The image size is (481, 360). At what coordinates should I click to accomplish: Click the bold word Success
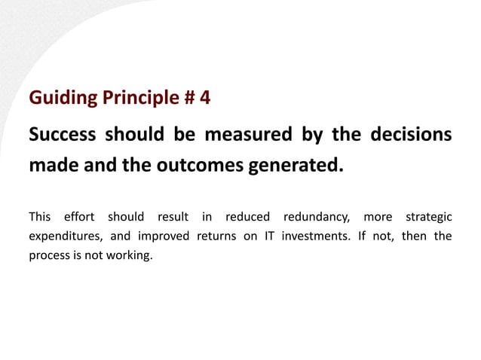[x=62, y=135]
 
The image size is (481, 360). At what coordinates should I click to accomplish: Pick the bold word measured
[x=247, y=135]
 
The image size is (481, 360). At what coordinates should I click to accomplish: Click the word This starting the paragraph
[x=40, y=217]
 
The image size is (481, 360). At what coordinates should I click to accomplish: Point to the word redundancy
[x=317, y=217]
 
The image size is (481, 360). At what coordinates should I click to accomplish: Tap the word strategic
[x=429, y=217]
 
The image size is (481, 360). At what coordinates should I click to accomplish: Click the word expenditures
[x=63, y=236]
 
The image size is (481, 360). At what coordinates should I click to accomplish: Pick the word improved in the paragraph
[x=164, y=236]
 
